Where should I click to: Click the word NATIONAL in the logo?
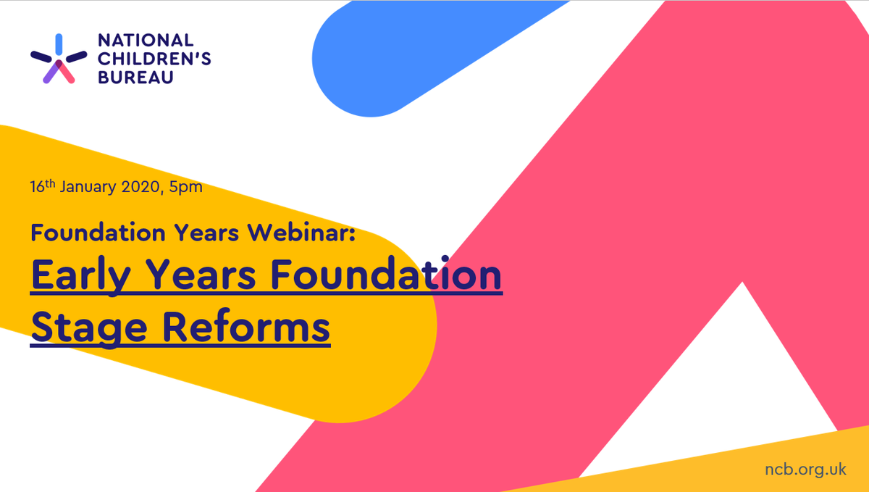tap(135, 41)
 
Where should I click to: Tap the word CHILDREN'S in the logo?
tap(154, 59)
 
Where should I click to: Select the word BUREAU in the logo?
tap(135, 77)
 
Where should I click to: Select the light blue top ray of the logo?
tap(59, 43)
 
